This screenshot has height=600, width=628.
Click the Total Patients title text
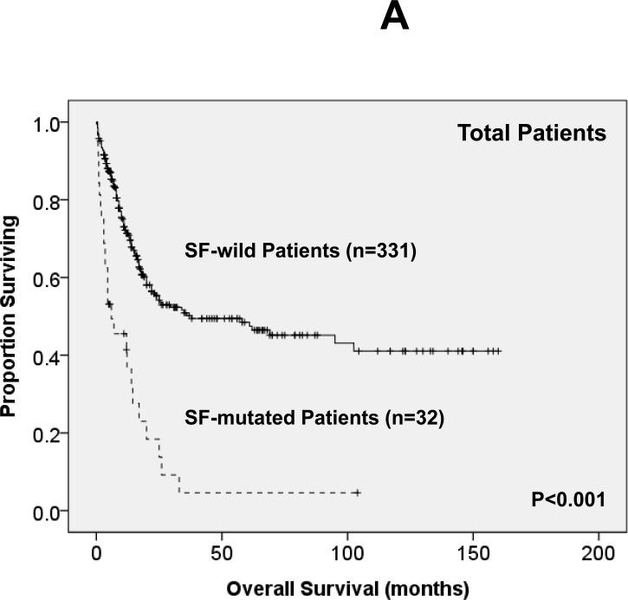click(x=532, y=134)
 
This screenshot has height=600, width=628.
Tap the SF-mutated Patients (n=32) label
click(x=314, y=418)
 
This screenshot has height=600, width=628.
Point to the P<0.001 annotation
click(x=566, y=499)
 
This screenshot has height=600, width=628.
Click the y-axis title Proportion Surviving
click(x=11, y=316)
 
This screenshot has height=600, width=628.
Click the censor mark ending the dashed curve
click(x=356, y=492)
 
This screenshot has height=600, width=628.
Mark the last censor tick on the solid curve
click(x=498, y=351)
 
